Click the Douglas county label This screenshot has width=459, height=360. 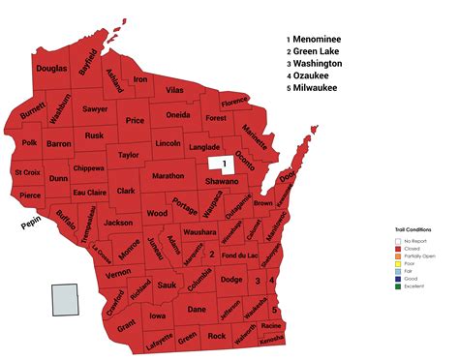click(51, 69)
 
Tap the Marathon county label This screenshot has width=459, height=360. click(168, 176)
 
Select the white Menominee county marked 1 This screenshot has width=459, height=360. click(225, 162)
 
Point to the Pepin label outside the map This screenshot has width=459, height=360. click(33, 226)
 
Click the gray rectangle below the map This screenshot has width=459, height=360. click(66, 299)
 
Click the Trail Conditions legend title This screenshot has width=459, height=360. click(413, 229)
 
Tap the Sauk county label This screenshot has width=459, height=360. click(167, 285)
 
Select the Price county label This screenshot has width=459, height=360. click(135, 121)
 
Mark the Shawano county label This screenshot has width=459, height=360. click(222, 181)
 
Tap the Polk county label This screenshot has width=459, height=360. click(29, 142)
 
